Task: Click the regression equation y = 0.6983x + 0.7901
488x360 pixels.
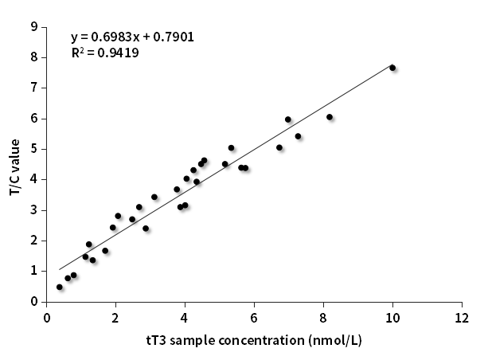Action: (x=132, y=37)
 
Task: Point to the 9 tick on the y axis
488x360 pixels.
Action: (x=34, y=26)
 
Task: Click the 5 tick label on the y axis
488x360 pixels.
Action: (x=34, y=149)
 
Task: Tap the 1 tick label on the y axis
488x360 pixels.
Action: (x=34, y=272)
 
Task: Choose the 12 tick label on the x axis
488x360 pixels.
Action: (x=462, y=318)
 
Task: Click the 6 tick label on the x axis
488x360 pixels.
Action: (x=254, y=318)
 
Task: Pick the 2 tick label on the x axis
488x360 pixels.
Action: (x=115, y=318)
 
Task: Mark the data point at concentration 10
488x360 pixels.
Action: (x=392, y=68)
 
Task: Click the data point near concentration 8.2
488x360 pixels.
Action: (x=330, y=117)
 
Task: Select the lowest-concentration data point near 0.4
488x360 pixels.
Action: (x=60, y=287)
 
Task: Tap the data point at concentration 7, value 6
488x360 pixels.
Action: (x=288, y=119)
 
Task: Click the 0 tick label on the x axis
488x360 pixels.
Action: (x=47, y=318)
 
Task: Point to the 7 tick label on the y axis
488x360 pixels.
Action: (x=34, y=88)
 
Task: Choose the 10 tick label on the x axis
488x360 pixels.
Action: (x=392, y=318)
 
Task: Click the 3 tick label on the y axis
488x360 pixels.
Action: (x=34, y=210)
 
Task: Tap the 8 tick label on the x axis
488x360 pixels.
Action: (x=323, y=318)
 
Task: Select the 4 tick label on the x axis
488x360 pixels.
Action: (x=185, y=318)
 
